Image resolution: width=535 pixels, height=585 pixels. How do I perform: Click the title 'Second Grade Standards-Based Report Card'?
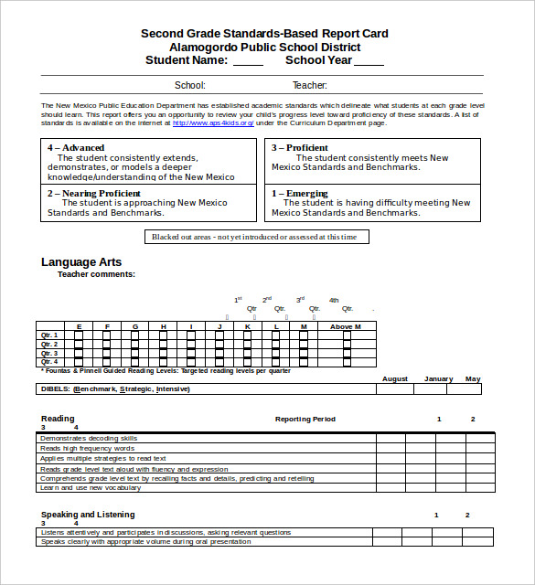click(264, 34)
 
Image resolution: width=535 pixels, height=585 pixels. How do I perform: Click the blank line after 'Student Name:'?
click(248, 62)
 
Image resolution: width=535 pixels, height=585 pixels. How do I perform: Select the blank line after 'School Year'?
click(369, 62)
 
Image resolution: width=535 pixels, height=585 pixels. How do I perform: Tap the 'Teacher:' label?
click(309, 86)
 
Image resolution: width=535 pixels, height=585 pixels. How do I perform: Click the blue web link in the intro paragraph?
click(213, 122)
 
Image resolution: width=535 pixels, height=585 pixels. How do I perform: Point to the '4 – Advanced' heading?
click(76, 147)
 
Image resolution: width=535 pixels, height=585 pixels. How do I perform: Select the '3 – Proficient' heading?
click(299, 147)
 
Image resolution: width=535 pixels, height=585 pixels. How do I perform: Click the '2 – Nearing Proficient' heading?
click(93, 194)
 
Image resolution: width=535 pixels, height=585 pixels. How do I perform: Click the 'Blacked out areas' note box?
click(257, 237)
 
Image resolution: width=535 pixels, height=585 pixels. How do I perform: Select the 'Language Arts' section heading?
click(81, 262)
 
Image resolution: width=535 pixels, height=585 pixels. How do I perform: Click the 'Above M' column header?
click(346, 326)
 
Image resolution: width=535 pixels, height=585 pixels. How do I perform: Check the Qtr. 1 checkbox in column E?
click(79, 335)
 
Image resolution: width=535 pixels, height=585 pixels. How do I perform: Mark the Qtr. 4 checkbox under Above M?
click(347, 362)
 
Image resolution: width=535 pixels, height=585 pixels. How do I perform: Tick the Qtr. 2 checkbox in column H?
click(163, 345)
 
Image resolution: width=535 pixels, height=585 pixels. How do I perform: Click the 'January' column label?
click(438, 378)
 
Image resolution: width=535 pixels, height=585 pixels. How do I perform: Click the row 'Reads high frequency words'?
click(88, 448)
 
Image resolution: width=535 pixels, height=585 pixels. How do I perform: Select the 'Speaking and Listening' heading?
click(88, 515)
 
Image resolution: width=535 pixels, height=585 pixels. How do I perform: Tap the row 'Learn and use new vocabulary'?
click(90, 487)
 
